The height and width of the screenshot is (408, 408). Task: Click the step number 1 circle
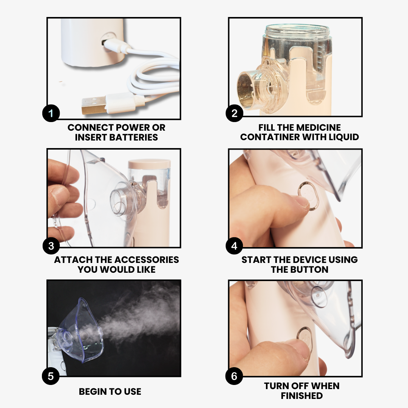click(51, 113)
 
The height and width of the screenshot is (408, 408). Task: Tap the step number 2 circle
click(234, 113)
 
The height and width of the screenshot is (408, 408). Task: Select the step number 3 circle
click(51, 246)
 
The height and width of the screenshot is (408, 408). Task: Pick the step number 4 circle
click(234, 246)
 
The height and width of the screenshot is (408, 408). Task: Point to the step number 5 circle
click(51, 376)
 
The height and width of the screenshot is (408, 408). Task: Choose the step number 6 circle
click(234, 376)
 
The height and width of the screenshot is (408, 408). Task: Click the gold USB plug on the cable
click(94, 105)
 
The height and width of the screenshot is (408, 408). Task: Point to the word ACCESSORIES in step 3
click(147, 260)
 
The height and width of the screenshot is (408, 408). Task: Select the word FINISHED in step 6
click(302, 396)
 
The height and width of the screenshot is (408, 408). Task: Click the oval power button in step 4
click(309, 196)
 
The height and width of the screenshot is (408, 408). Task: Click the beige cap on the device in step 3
click(149, 164)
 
